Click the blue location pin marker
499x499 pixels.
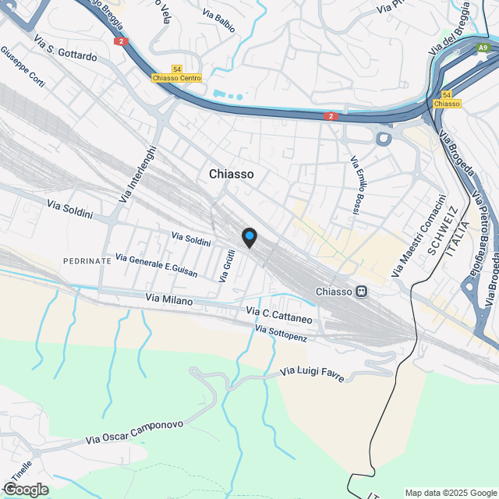[x=248, y=237]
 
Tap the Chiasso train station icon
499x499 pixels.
[x=361, y=292]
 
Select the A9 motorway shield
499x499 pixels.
[x=483, y=48]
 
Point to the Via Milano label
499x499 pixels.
[x=169, y=299]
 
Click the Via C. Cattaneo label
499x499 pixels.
[x=279, y=316]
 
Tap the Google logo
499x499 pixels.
[x=25, y=489]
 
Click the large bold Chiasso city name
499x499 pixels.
[x=231, y=175]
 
